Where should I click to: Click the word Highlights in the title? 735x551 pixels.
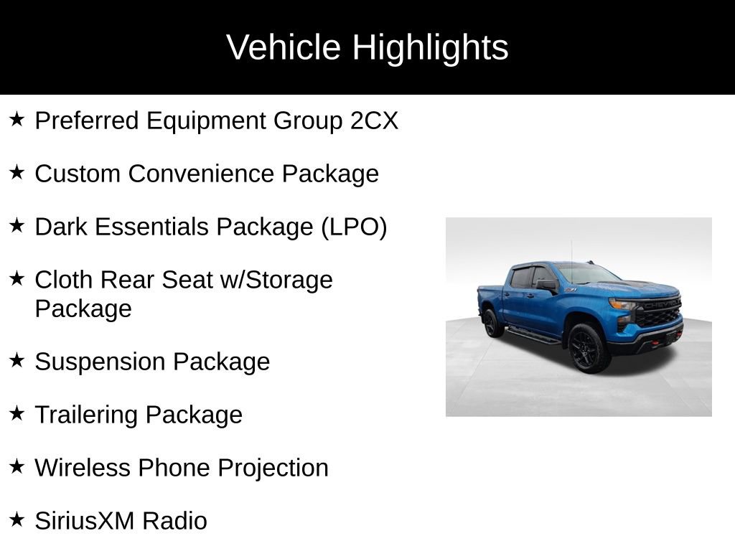[430, 48]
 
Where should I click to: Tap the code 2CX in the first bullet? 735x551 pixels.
[374, 121]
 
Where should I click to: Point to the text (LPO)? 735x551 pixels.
[354, 227]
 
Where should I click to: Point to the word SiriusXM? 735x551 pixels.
[85, 520]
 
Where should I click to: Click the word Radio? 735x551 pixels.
[174, 520]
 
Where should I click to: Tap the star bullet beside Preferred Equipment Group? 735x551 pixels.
[17, 119]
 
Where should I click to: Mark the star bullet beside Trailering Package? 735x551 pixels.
[17, 413]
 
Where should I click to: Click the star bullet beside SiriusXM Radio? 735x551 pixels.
[17, 519]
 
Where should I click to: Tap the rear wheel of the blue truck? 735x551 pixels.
[492, 323]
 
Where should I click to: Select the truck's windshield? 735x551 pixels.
[585, 274]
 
